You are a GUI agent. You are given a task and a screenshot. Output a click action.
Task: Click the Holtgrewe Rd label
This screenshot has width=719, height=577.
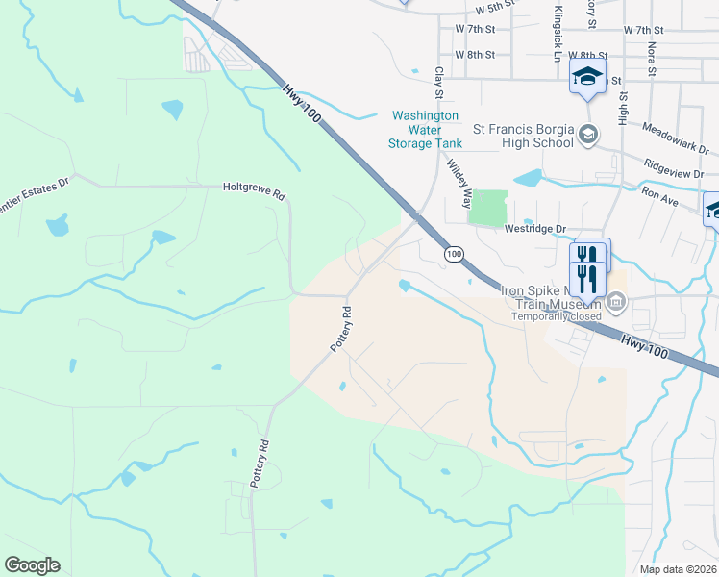pos(254,190)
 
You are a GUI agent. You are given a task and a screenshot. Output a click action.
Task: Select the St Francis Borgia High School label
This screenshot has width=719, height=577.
pos(523,136)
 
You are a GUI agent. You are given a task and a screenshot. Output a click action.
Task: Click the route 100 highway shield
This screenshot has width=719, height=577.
pos(455,254)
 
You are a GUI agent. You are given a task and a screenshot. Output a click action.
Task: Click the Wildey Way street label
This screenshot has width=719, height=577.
pos(458,183)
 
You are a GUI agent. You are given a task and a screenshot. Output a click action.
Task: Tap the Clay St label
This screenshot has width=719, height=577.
pos(438,82)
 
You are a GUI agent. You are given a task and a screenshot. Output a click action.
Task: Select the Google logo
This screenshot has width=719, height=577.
pos(32,565)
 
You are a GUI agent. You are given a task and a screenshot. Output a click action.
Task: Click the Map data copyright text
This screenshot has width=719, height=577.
pos(678,569)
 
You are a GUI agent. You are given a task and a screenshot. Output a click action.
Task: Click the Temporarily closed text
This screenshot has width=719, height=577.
pos(557,316)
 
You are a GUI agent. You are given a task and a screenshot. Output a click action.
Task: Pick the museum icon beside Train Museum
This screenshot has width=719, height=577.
pos(618,305)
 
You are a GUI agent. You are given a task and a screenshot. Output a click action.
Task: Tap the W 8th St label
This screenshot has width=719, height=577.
pos(475,55)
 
